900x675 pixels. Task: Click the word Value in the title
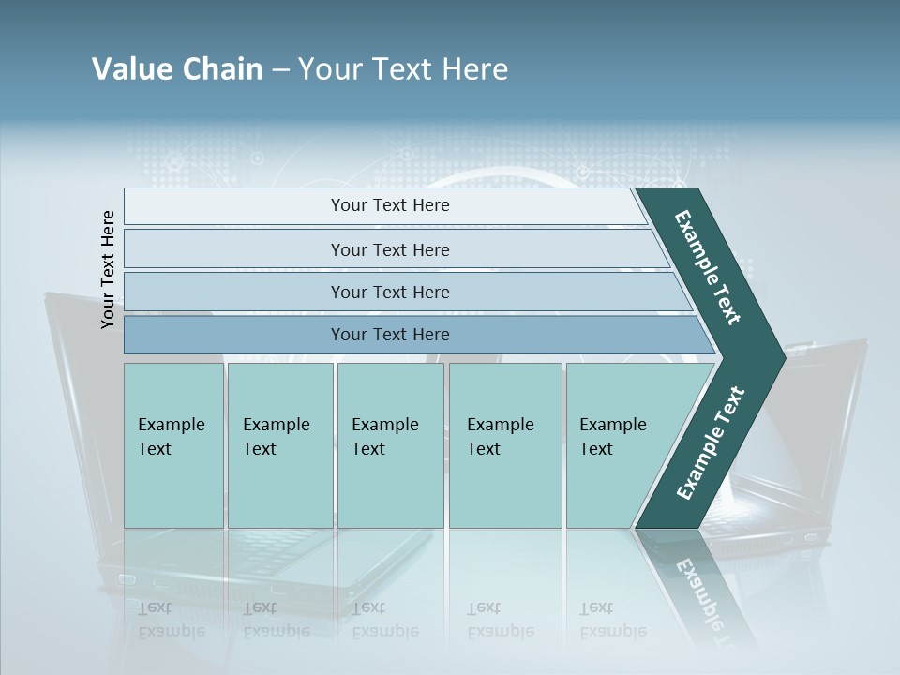point(131,69)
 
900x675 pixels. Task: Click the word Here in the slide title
point(473,69)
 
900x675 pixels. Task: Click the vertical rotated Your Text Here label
point(108,270)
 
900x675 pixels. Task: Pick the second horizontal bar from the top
point(389,249)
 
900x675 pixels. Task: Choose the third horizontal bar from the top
point(389,292)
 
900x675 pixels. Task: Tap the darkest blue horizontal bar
point(389,335)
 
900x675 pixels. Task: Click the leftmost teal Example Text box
point(173,445)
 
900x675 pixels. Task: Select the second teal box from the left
point(279,445)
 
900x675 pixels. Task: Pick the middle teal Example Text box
point(390,445)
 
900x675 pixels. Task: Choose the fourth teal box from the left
point(504,445)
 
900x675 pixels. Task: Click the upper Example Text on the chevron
point(708,267)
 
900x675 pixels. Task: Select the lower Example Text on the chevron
point(710,443)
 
